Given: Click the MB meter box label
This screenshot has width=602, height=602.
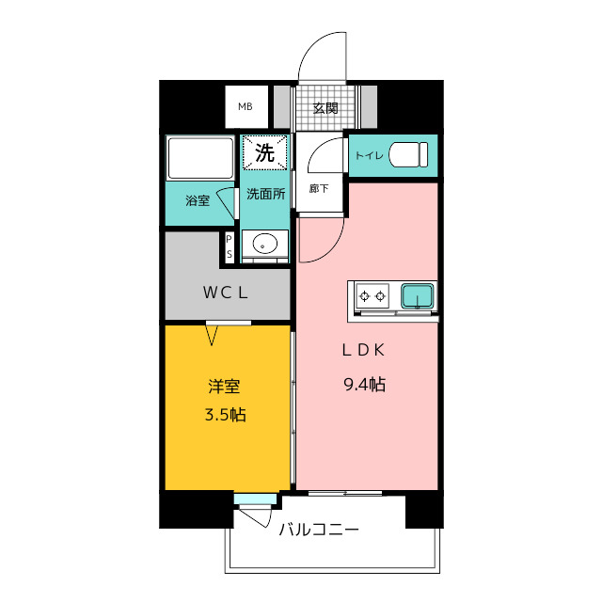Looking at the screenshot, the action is coord(246,106).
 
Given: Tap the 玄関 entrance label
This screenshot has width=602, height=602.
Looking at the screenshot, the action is coord(325,108).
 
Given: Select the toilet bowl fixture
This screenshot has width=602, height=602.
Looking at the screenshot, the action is coord(408,154).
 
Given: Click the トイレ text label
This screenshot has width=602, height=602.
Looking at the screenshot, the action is coord(369,155).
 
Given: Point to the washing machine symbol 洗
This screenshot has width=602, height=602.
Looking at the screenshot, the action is coord(265,152).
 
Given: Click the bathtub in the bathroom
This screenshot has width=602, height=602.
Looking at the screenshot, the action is coord(200,158).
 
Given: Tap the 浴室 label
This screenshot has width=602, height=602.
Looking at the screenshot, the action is coord(198,200).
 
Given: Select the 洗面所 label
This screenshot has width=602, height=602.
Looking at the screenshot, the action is coord(265,195).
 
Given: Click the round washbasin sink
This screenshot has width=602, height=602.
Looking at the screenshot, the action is coord(265,243).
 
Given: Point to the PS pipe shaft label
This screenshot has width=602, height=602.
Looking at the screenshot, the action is coord(230,246).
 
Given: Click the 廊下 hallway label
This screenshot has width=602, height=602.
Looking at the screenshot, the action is coord(319,188).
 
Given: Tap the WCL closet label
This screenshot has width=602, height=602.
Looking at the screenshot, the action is coord(226,293).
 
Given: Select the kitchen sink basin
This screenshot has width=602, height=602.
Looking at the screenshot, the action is coord(418,296).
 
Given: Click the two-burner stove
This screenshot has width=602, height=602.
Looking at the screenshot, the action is coord(372,296).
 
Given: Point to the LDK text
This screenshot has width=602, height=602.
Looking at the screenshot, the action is coord(363,350).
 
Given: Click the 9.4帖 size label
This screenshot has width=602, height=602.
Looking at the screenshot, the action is coord(364,385).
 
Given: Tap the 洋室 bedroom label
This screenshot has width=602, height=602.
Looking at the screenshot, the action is coord(224,387).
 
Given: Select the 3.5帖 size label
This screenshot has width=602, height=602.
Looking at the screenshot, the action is coord(226,415).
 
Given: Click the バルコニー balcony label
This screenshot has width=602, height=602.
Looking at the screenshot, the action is coord(319,530).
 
